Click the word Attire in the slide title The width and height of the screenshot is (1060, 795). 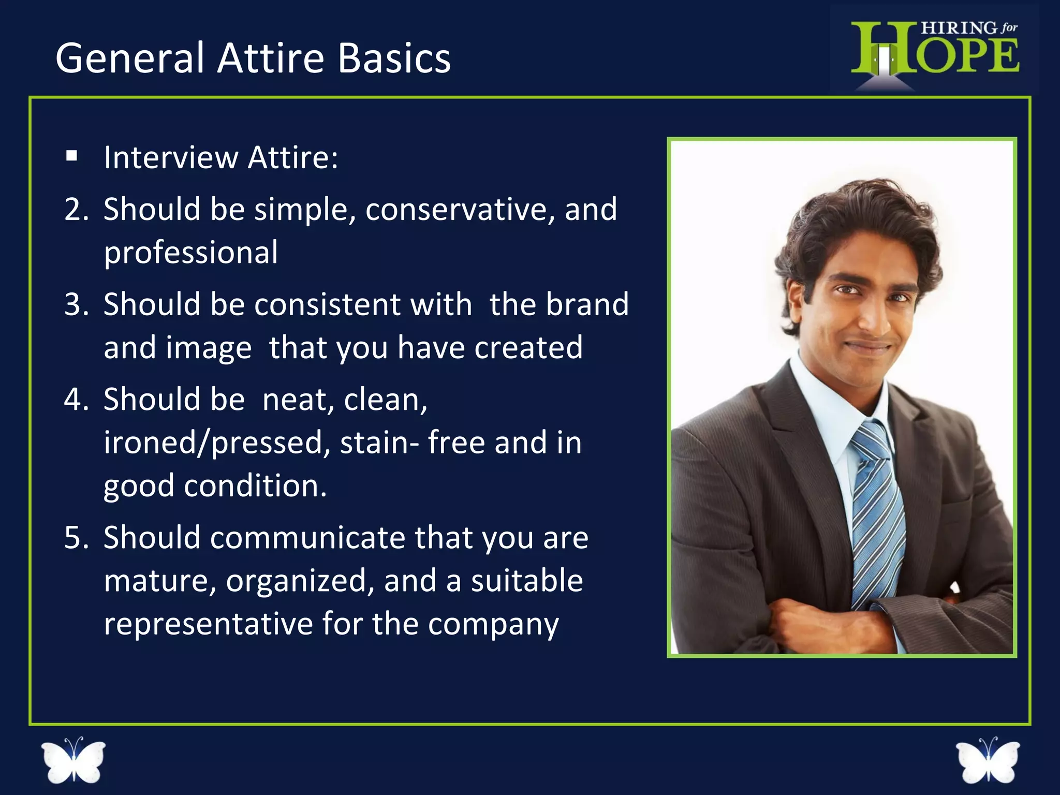271,58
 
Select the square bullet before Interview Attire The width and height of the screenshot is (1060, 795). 72,156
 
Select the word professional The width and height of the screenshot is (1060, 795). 190,253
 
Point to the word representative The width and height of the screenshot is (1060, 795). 208,624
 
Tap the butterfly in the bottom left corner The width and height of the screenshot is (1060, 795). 73,759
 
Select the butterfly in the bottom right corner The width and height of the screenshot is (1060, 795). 987,760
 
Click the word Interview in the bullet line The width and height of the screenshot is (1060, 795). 171,157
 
